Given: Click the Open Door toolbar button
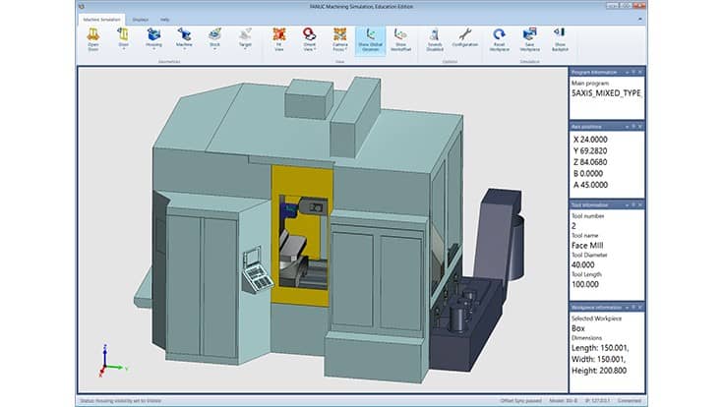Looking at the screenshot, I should point(93,38).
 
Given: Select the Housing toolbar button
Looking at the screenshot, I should point(153,38).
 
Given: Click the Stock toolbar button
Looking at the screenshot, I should point(214,38).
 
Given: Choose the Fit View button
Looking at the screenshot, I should point(278,38).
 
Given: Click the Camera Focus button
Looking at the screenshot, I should point(339,38).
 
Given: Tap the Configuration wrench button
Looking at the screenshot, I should point(464,38).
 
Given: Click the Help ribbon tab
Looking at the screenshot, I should point(164,19).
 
